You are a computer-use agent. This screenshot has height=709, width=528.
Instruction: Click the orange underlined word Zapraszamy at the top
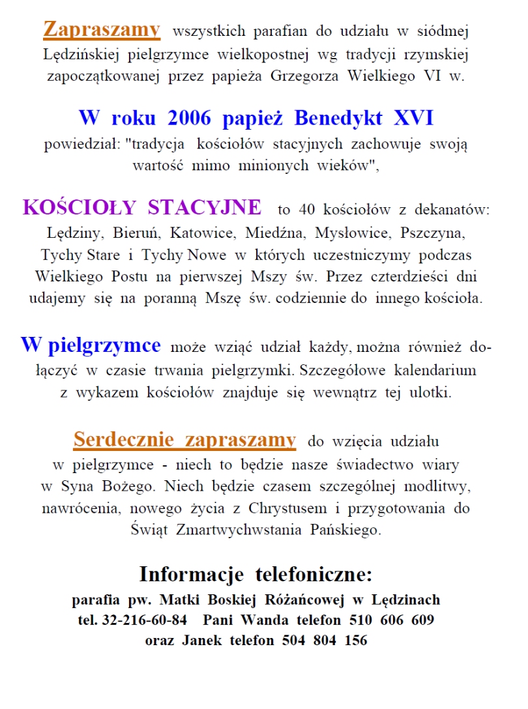pyautogui.click(x=101, y=29)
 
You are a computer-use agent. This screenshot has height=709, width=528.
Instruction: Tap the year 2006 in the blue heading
pyautogui.click(x=191, y=119)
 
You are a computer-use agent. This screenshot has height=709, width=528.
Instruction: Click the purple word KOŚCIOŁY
pyautogui.click(x=80, y=208)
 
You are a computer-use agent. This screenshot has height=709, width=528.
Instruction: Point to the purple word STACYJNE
pyautogui.click(x=205, y=208)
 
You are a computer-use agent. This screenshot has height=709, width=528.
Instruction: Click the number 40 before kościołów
pyautogui.click(x=306, y=210)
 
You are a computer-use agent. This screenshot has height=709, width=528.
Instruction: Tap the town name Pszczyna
pyautogui.click(x=433, y=233)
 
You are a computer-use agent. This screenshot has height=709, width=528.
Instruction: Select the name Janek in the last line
pyautogui.click(x=202, y=641)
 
